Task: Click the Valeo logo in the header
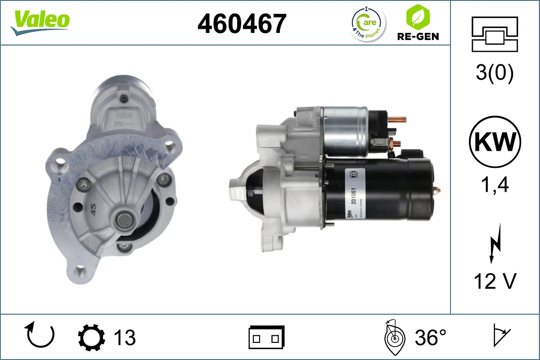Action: [40, 22]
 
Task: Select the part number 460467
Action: [242, 23]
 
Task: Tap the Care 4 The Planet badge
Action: [368, 23]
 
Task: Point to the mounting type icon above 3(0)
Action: [495, 34]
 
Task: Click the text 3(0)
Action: [495, 73]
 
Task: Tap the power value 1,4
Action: [495, 184]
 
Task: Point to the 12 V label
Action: [495, 281]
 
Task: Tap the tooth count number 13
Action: [125, 337]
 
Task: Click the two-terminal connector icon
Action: [266, 337]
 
